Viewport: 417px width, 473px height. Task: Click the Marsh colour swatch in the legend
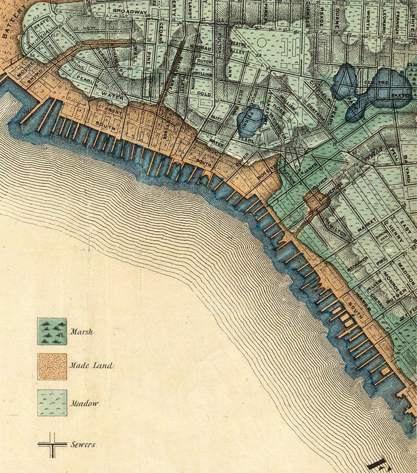(52, 329)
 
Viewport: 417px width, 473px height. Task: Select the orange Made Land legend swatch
(52, 366)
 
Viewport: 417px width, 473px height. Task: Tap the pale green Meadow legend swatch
(52, 403)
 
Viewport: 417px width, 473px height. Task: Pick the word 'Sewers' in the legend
(83, 443)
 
